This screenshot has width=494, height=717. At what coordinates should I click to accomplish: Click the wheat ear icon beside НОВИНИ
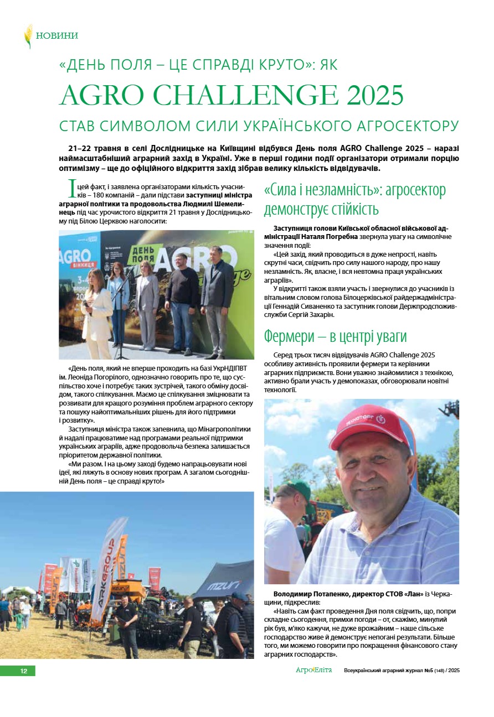click(28, 36)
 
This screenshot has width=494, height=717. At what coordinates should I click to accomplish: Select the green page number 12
click(23, 671)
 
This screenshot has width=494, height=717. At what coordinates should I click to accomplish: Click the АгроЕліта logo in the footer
click(313, 671)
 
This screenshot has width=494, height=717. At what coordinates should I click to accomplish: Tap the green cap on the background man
click(300, 489)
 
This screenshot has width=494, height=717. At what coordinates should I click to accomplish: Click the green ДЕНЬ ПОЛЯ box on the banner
click(140, 254)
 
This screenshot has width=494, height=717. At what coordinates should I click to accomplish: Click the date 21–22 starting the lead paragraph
click(81, 149)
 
